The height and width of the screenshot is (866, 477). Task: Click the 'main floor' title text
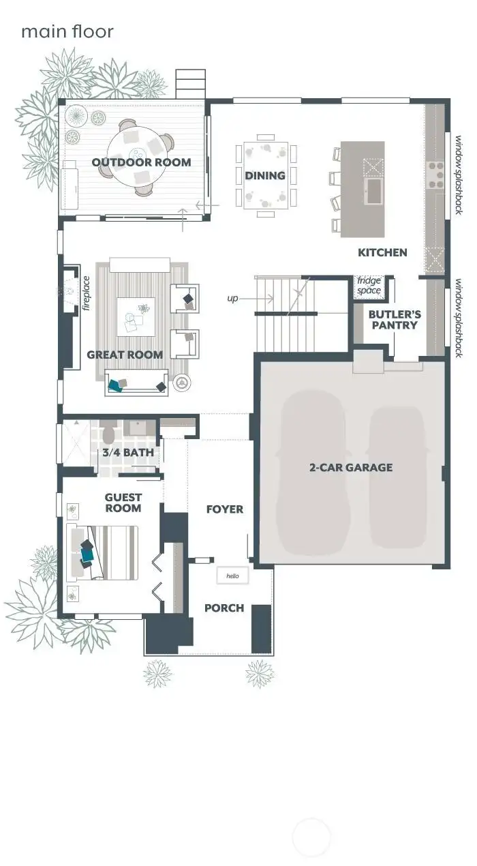click(67, 31)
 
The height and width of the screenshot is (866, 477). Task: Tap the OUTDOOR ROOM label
click(141, 162)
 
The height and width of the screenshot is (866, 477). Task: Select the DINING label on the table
click(265, 176)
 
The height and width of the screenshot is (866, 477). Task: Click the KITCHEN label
click(382, 252)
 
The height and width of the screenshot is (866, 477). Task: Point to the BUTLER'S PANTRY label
click(395, 320)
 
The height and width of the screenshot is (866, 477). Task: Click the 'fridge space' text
click(369, 286)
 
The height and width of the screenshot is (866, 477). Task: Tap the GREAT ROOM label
click(125, 355)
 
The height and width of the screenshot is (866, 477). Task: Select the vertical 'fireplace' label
click(87, 293)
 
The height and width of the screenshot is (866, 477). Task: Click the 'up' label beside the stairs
click(233, 299)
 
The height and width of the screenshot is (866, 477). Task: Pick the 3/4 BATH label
click(128, 452)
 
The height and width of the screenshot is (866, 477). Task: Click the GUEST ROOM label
click(123, 503)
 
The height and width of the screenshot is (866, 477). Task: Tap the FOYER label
click(224, 509)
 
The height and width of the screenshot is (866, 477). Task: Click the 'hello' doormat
click(232, 577)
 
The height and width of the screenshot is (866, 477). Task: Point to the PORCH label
click(224, 608)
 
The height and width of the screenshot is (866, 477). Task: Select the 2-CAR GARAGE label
click(351, 467)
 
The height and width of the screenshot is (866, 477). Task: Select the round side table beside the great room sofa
click(181, 384)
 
